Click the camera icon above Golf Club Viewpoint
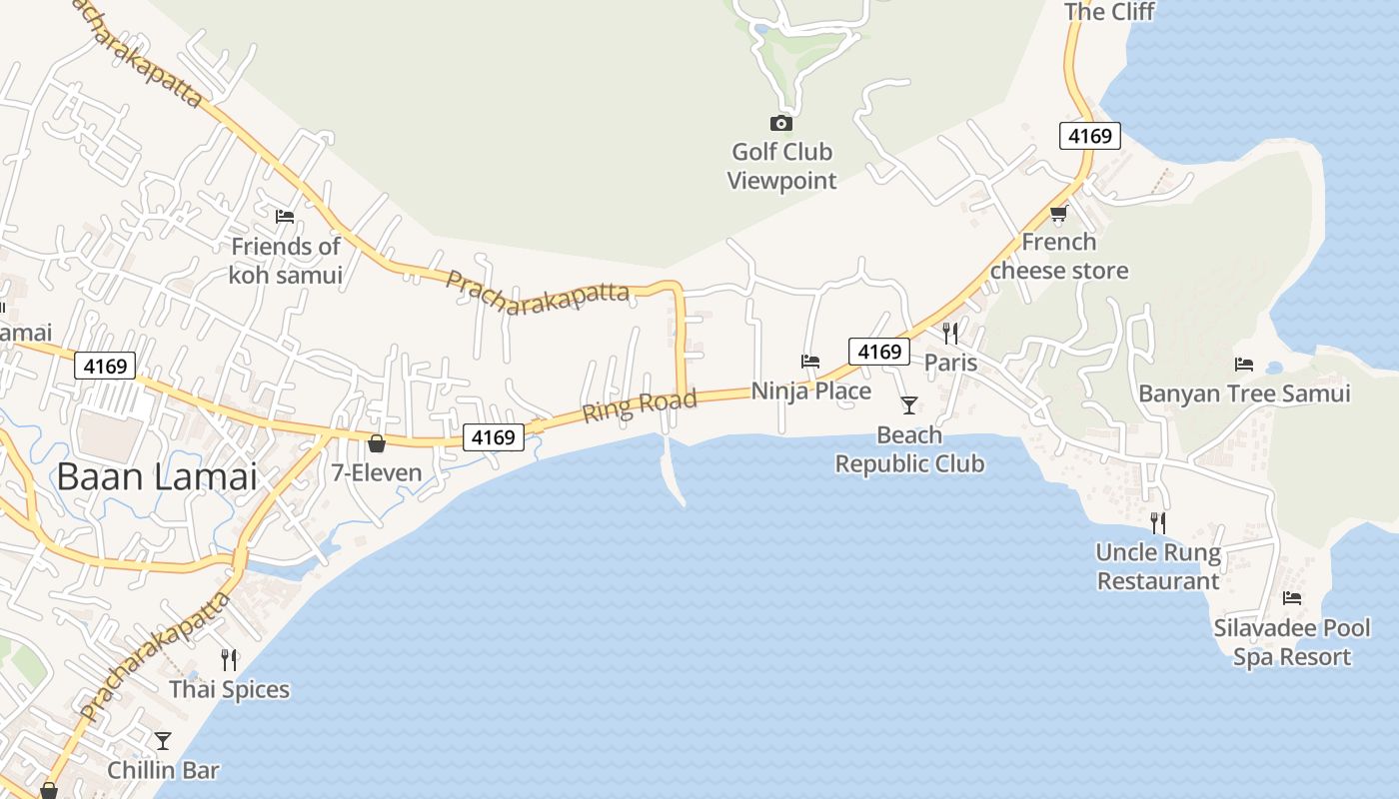click(781, 123)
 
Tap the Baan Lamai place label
click(157, 476)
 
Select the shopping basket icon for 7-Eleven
click(377, 443)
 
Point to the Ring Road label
click(640, 405)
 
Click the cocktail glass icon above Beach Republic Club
click(909, 404)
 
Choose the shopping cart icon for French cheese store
click(1059, 213)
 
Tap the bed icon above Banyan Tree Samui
click(1244, 365)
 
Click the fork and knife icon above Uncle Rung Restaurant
click(1158, 522)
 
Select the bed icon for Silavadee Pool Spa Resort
click(1292, 598)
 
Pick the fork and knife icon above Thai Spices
click(230, 659)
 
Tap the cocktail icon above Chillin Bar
click(163, 740)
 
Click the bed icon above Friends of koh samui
click(285, 216)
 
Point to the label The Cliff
click(1109, 12)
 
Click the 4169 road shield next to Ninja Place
click(879, 352)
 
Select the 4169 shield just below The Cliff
click(1090, 136)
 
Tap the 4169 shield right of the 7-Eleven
click(494, 437)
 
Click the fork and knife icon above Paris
click(950, 333)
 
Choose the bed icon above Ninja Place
click(810, 361)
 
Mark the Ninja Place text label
click(811, 391)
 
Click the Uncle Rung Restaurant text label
click(1158, 566)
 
